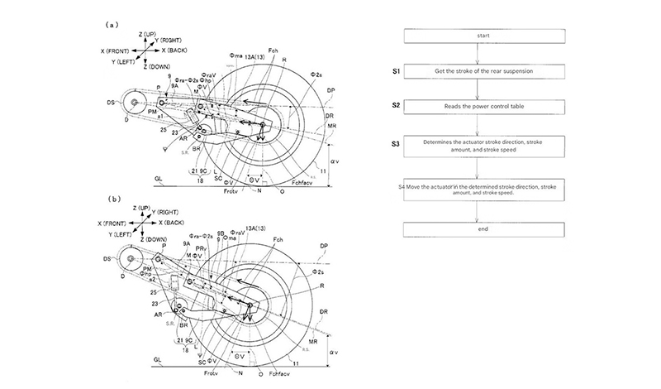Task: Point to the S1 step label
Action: coord(397,72)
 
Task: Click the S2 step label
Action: coord(397,107)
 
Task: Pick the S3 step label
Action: coord(397,144)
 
